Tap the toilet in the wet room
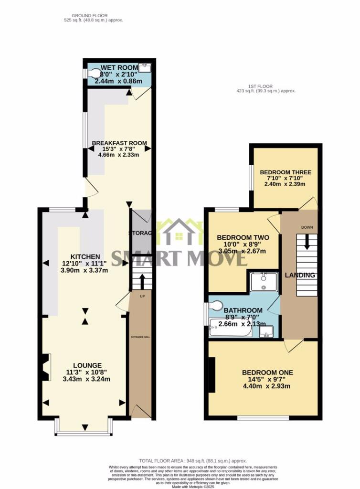(x=95, y=73)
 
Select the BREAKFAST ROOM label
(x=119, y=143)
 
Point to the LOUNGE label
(x=85, y=365)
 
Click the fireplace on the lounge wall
(x=45, y=367)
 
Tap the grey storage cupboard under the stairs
(x=141, y=233)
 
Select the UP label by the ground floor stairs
(x=142, y=297)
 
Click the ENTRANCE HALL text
(x=140, y=337)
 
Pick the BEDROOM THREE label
(x=286, y=172)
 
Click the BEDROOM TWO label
(x=243, y=237)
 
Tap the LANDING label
(x=300, y=275)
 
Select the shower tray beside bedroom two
(x=263, y=280)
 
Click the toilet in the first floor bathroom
(x=216, y=306)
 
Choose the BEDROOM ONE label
(x=267, y=372)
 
